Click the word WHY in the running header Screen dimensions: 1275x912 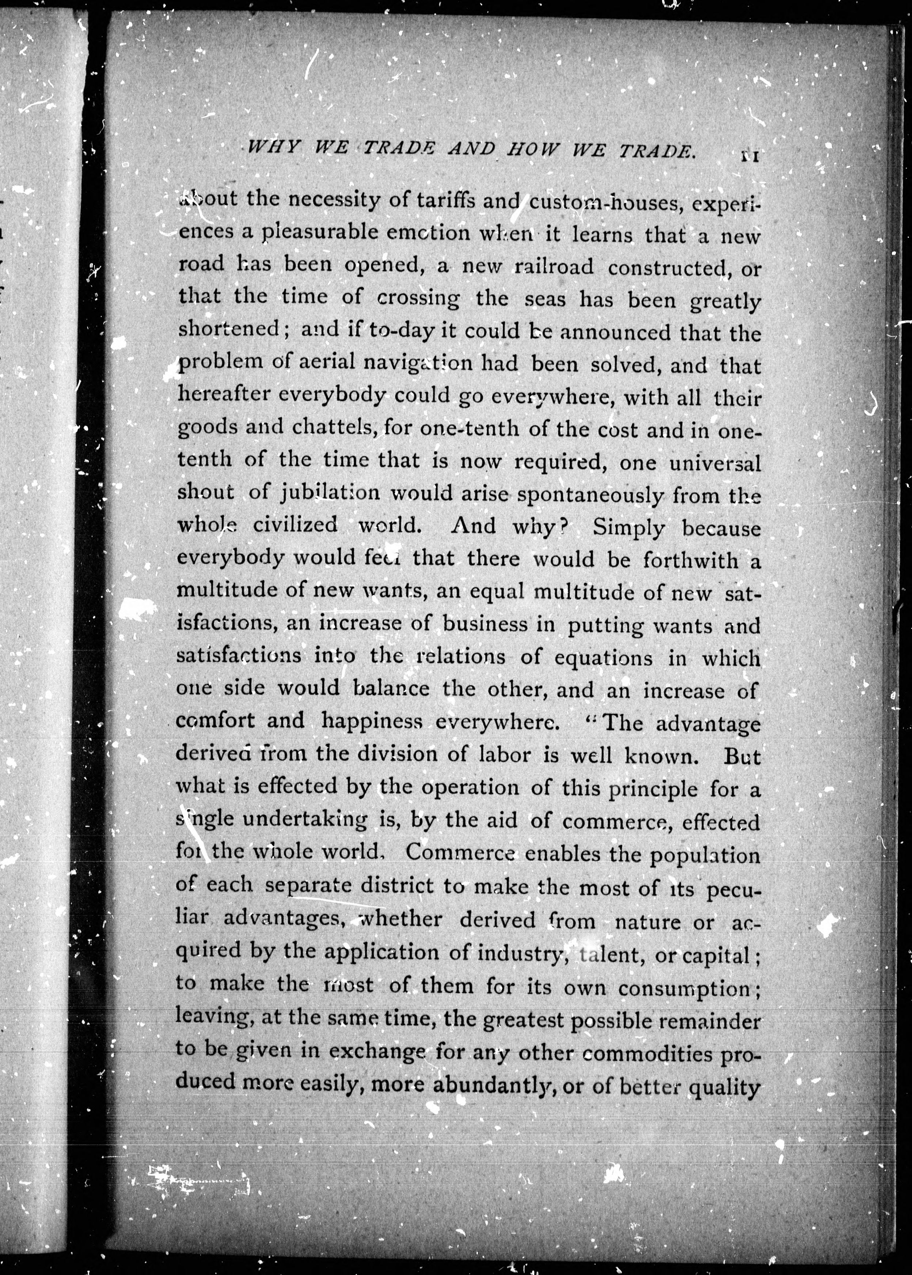click(x=273, y=148)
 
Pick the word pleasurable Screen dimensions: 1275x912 click(x=321, y=232)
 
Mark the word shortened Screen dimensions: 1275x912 click(x=228, y=328)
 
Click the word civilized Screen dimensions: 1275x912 click(x=295, y=525)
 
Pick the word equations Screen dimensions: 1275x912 click(x=603, y=657)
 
